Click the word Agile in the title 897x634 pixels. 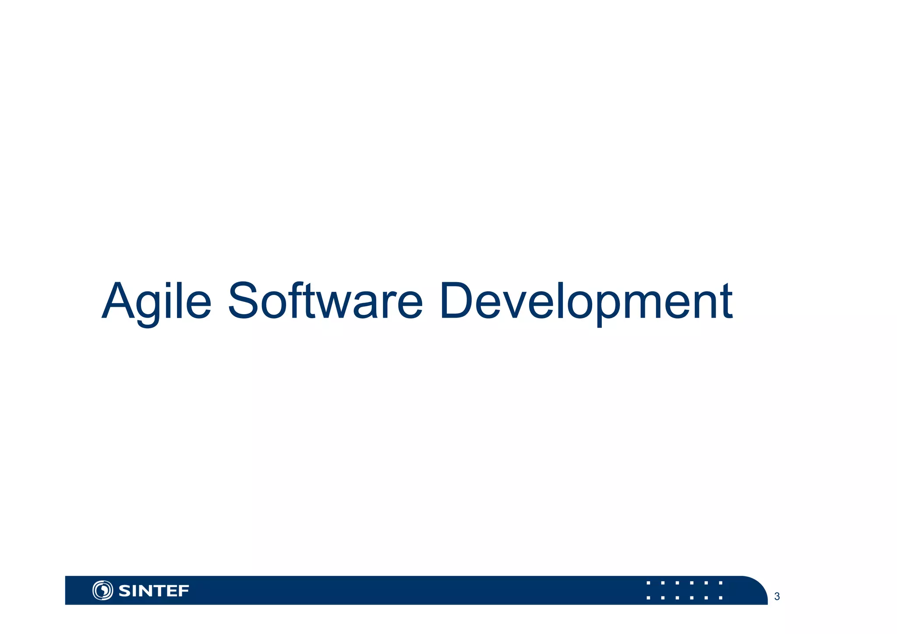pyautogui.click(x=156, y=301)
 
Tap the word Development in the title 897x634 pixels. pyautogui.click(x=586, y=301)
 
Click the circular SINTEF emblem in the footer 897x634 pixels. pyautogui.click(x=102, y=590)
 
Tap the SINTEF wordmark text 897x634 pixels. pyautogui.click(x=154, y=591)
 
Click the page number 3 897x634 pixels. pyautogui.click(x=777, y=596)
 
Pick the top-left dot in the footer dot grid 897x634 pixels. pyautogui.click(x=648, y=583)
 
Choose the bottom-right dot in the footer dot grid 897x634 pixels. pyautogui.click(x=720, y=598)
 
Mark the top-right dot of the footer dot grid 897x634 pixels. pyautogui.click(x=720, y=583)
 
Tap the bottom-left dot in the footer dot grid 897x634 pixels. pyautogui.click(x=648, y=598)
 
